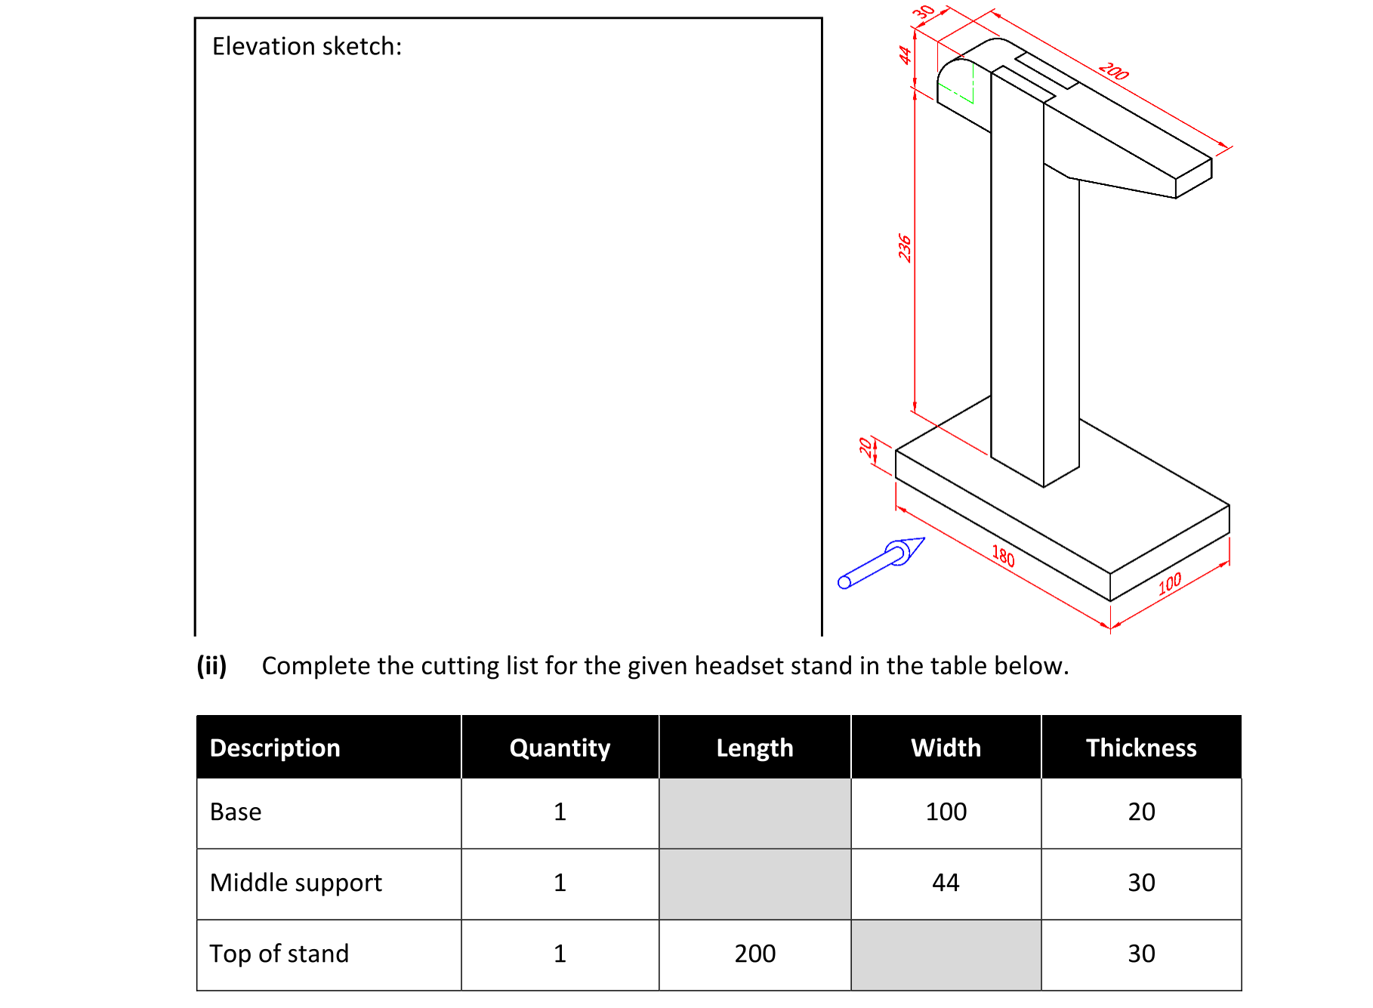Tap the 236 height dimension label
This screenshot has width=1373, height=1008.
(x=905, y=248)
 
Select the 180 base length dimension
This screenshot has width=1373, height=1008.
(x=1003, y=556)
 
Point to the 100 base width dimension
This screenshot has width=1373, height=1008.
(x=1169, y=583)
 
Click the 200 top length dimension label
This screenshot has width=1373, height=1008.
(x=1113, y=72)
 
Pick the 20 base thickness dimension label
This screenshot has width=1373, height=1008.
(x=865, y=446)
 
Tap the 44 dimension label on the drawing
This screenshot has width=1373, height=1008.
(x=905, y=54)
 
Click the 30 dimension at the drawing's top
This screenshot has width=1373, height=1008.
(x=924, y=12)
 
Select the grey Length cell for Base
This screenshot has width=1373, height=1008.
(x=754, y=812)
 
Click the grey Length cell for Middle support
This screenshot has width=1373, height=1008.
(x=754, y=883)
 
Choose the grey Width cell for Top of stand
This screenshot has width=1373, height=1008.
(x=946, y=954)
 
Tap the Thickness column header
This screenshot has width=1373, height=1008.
(x=1140, y=748)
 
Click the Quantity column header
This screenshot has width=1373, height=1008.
(x=560, y=748)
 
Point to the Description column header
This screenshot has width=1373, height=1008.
(x=275, y=748)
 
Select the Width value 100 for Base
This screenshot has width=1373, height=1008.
(x=946, y=812)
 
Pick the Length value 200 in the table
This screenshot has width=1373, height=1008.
(x=754, y=954)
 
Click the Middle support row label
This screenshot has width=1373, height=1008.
(x=296, y=883)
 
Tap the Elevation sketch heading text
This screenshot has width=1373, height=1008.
(x=307, y=46)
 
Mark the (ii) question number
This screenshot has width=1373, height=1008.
(x=211, y=665)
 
